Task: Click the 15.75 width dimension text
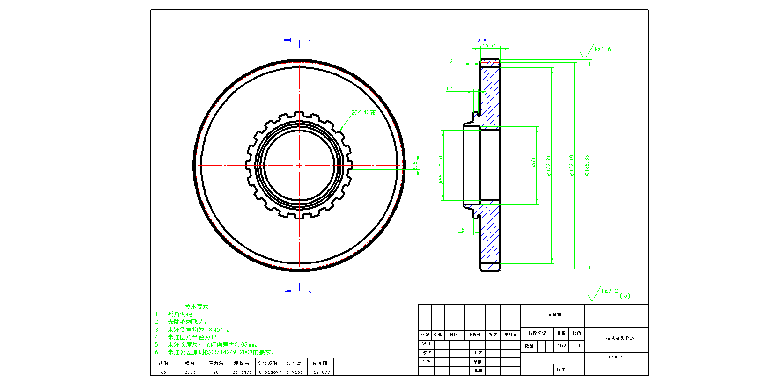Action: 489,45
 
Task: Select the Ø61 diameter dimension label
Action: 533,162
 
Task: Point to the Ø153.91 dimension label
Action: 548,166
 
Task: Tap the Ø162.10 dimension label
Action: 571,166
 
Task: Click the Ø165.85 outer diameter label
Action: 587,166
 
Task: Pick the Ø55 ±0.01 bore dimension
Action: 441,170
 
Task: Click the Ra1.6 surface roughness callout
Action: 603,49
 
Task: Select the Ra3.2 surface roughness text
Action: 610,291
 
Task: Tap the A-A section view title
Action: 482,40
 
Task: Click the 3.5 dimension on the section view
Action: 449,88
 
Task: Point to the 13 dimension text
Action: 450,61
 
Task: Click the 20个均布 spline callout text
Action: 363,113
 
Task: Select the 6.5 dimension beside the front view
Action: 415,165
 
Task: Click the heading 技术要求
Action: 197,307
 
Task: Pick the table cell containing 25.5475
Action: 242,372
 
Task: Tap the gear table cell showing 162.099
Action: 320,372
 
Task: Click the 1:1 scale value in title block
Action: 577,346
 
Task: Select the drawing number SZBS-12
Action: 617,357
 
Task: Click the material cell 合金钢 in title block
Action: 554,314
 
